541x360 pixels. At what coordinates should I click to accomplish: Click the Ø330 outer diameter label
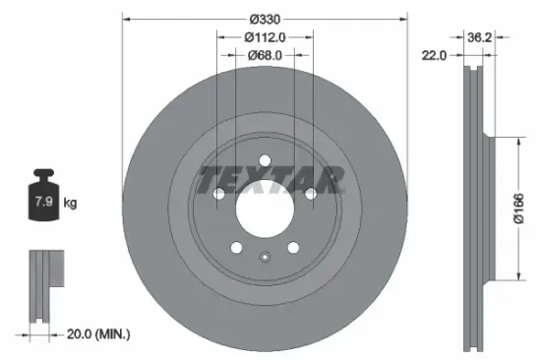click(x=264, y=19)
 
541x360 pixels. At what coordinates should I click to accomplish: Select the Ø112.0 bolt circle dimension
click(x=264, y=37)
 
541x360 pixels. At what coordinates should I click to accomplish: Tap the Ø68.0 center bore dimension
click(x=264, y=55)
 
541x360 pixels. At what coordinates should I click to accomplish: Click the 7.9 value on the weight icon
click(x=44, y=204)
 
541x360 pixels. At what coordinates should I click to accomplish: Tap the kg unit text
click(x=71, y=204)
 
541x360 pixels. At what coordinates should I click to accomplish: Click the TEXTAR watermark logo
click(x=270, y=180)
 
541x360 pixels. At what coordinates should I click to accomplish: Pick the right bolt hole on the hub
click(x=310, y=194)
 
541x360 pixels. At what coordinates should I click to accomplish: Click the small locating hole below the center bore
click(x=264, y=258)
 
